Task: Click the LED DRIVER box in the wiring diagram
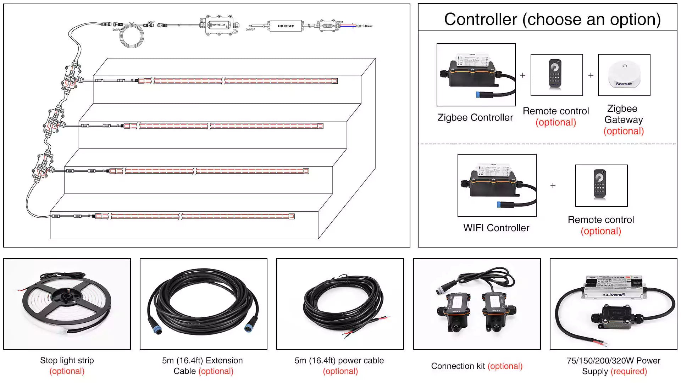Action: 286,26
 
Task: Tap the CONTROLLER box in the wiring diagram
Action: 218,25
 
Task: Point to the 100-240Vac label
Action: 364,26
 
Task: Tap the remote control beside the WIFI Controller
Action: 600,184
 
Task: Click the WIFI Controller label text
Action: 496,228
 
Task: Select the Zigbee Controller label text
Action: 475,117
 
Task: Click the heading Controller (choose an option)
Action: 552,19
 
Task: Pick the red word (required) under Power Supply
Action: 629,371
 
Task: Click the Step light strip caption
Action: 67,361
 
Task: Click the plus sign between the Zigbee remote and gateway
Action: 591,75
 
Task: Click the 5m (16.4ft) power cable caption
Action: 339,361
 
